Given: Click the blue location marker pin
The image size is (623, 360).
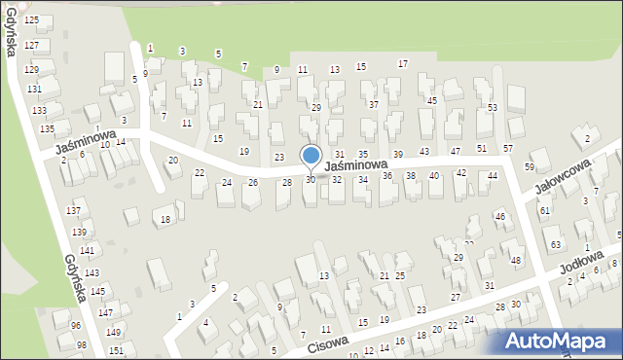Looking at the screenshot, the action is coord(311,157).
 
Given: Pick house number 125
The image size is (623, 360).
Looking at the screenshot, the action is coord(32,20).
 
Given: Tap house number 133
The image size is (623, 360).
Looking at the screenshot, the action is coord(39,111).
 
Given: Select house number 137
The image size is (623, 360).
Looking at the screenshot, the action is coord(73,211).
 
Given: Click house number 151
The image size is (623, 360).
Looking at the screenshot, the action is coord(116,350).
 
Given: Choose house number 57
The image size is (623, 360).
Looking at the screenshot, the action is coord(508,148).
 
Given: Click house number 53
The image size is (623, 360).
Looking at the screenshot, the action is coord(493,107).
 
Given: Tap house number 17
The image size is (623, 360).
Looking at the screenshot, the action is coord(402,64).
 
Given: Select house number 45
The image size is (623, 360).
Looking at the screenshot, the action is coord(432,101).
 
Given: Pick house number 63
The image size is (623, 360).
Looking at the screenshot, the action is coord(555,244).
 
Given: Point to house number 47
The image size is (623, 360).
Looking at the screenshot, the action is coord(455,152).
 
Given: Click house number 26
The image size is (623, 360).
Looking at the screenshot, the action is coord(253,183).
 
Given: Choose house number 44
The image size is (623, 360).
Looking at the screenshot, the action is coord(493,176).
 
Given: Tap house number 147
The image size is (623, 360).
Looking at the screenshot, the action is coord(104,312).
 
